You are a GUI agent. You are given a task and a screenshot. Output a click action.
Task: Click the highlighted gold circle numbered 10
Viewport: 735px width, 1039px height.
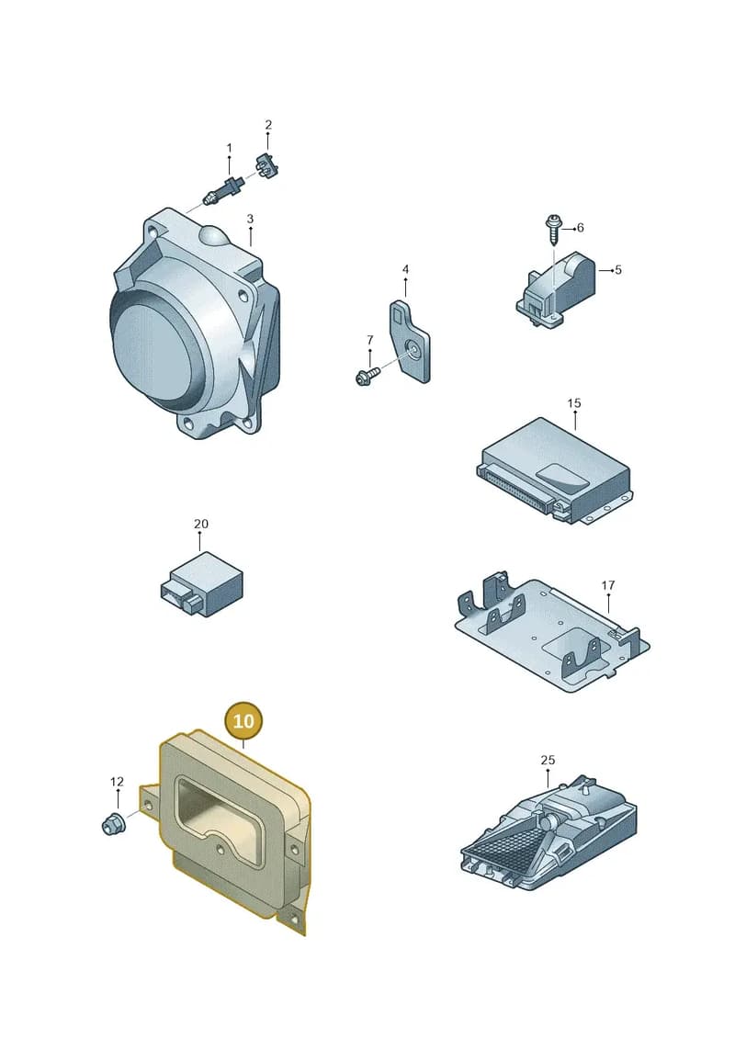coord(243,720)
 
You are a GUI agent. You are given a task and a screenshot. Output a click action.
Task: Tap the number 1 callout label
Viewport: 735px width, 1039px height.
coord(230,148)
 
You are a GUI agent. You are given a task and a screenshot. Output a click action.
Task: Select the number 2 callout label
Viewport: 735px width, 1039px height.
coord(268,125)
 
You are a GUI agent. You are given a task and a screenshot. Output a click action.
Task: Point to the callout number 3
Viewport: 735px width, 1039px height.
coord(250,219)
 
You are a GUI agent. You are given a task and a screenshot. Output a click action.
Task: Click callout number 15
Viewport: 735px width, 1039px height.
coord(574,403)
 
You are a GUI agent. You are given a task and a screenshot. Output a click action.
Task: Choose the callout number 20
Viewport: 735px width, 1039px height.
coord(201,524)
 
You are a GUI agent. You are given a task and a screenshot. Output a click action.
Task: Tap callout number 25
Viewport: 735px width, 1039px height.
coord(548,760)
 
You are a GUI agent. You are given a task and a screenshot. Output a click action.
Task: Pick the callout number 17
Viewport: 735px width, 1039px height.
coord(607,585)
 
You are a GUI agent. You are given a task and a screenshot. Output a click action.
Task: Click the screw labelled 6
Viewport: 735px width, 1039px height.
coord(552,230)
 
